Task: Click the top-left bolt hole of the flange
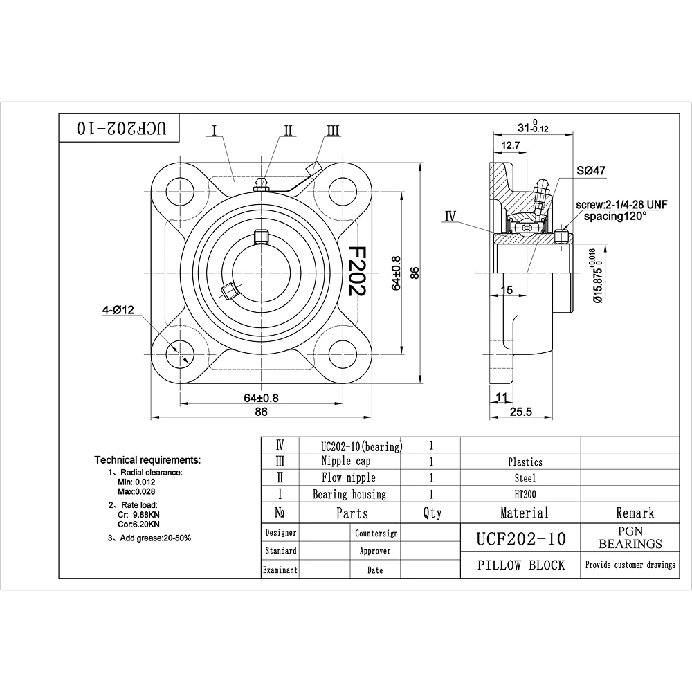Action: [x=180, y=192]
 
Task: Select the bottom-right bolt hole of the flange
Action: [x=343, y=354]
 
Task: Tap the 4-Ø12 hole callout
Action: [x=118, y=310]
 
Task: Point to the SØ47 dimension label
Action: [x=591, y=170]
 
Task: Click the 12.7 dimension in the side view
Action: [x=511, y=145]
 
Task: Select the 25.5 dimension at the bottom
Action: [x=521, y=411]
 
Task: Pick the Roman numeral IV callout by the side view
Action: [x=450, y=216]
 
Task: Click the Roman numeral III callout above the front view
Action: [x=334, y=131]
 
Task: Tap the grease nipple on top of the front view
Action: [x=262, y=185]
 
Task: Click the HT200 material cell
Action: [x=525, y=495]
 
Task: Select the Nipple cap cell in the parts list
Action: [x=345, y=461]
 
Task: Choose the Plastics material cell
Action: [x=525, y=462]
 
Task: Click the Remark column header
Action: [x=635, y=513]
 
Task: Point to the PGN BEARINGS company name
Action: [x=630, y=537]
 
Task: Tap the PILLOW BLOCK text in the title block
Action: [x=521, y=565]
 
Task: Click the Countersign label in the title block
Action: [x=376, y=534]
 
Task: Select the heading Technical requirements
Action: [x=147, y=460]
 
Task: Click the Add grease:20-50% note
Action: [x=149, y=538]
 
